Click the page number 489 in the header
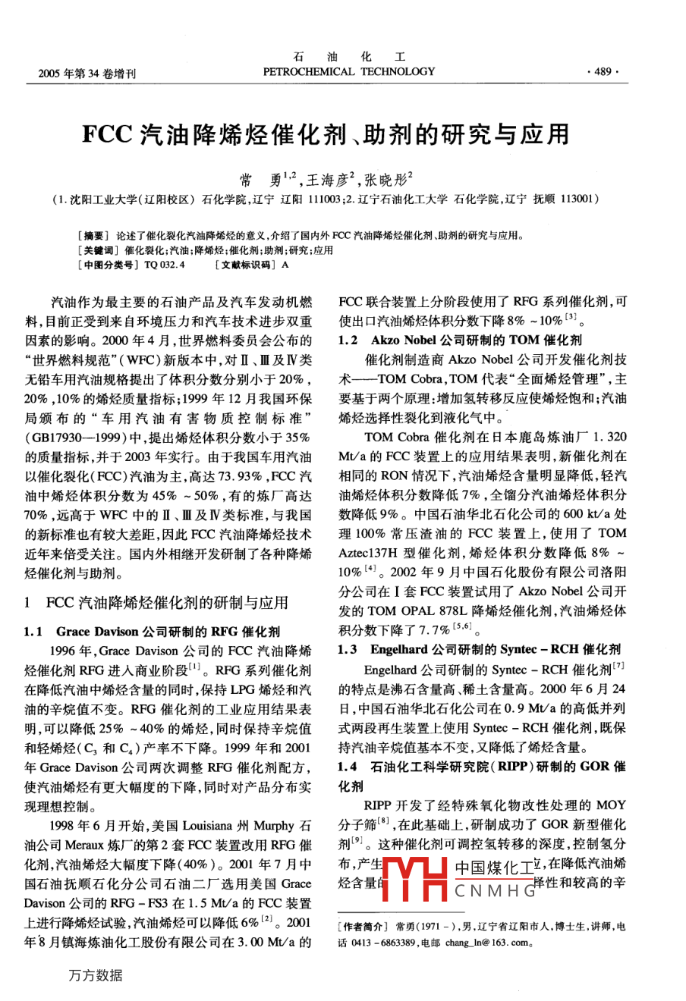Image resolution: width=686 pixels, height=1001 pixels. [x=603, y=72]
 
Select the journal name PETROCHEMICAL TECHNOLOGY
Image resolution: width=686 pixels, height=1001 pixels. [x=349, y=72]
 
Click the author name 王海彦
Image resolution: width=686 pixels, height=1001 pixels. [x=326, y=180]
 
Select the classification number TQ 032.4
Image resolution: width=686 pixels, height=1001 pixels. [x=164, y=265]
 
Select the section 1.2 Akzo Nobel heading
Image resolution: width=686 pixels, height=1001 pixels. [x=461, y=339]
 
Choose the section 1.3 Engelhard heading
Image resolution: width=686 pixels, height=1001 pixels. [x=479, y=649]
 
